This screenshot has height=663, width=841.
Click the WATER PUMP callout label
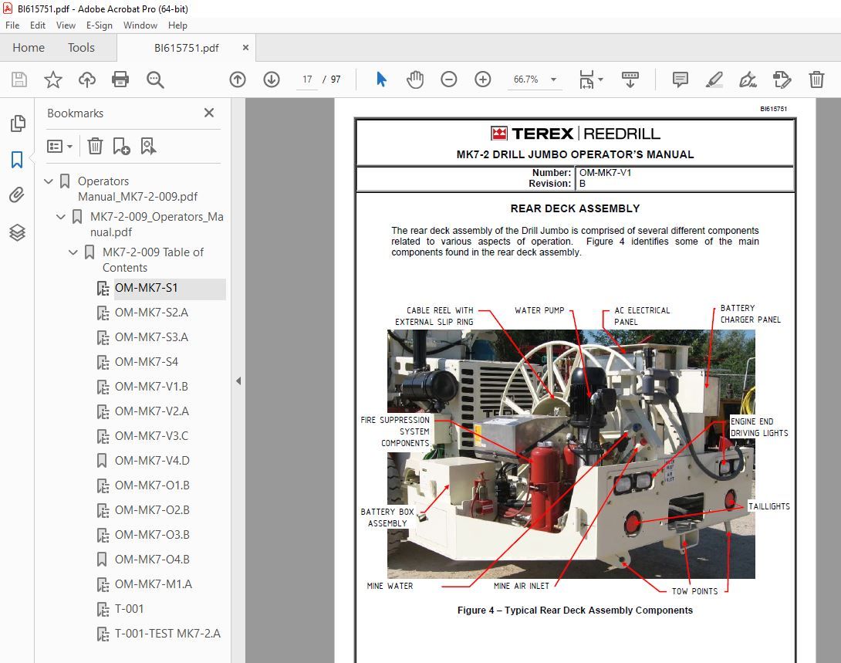click(x=539, y=311)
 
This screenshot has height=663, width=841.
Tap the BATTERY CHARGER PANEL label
click(x=750, y=314)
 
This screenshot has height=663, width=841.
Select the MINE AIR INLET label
click(x=522, y=586)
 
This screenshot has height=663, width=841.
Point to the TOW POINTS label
click(x=694, y=591)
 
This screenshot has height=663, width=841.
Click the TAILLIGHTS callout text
click(x=768, y=506)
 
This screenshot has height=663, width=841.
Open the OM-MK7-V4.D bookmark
click(x=151, y=461)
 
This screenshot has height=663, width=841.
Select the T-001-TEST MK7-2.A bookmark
click(x=167, y=634)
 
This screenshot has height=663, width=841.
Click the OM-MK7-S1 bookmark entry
click(x=146, y=288)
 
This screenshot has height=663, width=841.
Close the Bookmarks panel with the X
click(x=209, y=113)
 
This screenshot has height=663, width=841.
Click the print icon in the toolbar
click(x=120, y=79)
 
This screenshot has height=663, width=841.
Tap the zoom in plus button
click(x=483, y=79)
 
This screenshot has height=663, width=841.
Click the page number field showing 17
click(x=307, y=79)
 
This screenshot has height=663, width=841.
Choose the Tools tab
click(x=81, y=48)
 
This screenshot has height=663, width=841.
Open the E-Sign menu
click(x=100, y=25)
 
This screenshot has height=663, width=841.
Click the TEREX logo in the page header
click(x=532, y=134)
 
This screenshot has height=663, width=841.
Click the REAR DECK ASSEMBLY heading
click(x=575, y=208)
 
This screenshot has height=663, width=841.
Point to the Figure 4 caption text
click(x=575, y=611)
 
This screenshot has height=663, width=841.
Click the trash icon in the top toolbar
click(x=816, y=79)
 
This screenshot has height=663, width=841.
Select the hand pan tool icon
click(x=415, y=79)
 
